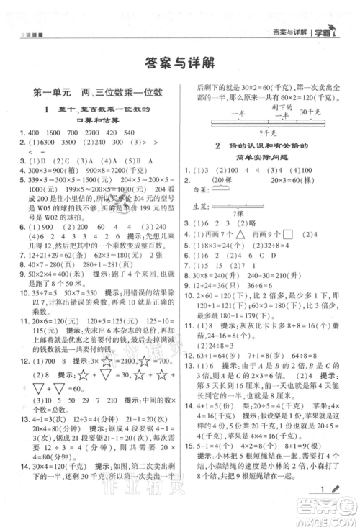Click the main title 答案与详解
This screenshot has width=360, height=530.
(179, 63)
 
